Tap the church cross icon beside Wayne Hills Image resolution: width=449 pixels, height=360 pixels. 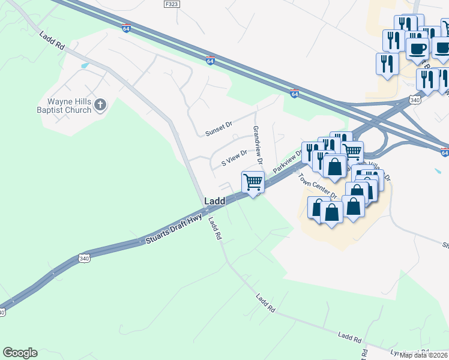click(100, 106)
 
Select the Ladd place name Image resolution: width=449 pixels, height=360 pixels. click(215, 202)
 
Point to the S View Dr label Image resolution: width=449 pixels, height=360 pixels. click(234, 158)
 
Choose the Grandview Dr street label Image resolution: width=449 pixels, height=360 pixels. click(258, 145)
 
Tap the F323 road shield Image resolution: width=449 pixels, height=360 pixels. click(171, 4)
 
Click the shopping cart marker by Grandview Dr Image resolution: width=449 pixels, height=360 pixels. click(253, 181)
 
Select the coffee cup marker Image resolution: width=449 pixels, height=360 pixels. click(417, 48)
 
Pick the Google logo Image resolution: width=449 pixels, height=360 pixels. click(20, 353)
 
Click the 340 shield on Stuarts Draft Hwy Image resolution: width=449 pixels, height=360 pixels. click(83, 259)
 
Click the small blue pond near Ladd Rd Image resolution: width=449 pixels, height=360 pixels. click(85, 65)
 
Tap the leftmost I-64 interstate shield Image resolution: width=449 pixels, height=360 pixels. click(126, 28)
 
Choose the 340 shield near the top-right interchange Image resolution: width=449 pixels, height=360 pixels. click(414, 100)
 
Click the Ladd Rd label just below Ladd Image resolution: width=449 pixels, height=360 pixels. click(214, 228)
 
